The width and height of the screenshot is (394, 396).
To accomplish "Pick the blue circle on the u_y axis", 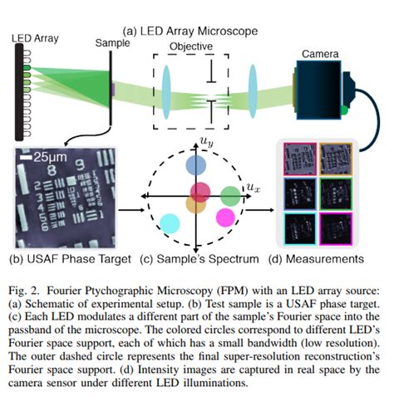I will tap(196, 166).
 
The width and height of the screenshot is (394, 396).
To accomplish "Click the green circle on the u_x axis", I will tap(229, 197).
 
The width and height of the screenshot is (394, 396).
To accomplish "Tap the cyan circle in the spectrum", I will tap(169, 222).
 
